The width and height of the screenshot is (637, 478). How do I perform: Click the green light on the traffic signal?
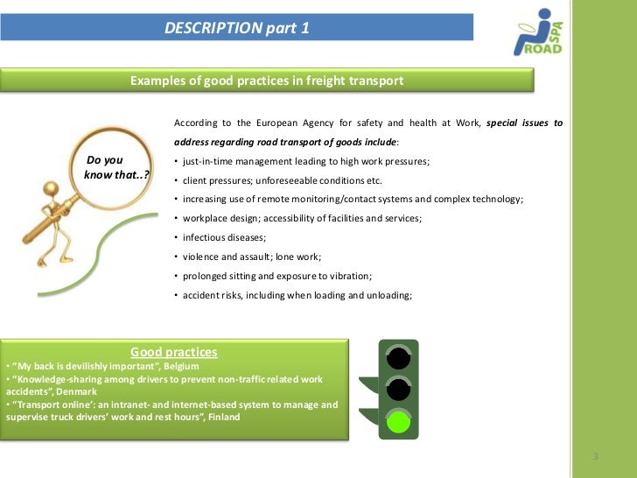coord(399,422)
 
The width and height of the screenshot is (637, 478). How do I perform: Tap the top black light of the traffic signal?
coord(399,357)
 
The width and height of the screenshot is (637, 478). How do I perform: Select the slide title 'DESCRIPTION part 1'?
coord(236,29)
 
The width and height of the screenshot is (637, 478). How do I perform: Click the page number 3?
coord(595,458)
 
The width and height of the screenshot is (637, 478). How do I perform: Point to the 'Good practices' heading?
coord(173,352)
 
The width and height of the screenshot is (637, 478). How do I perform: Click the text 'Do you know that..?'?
coord(114,167)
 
